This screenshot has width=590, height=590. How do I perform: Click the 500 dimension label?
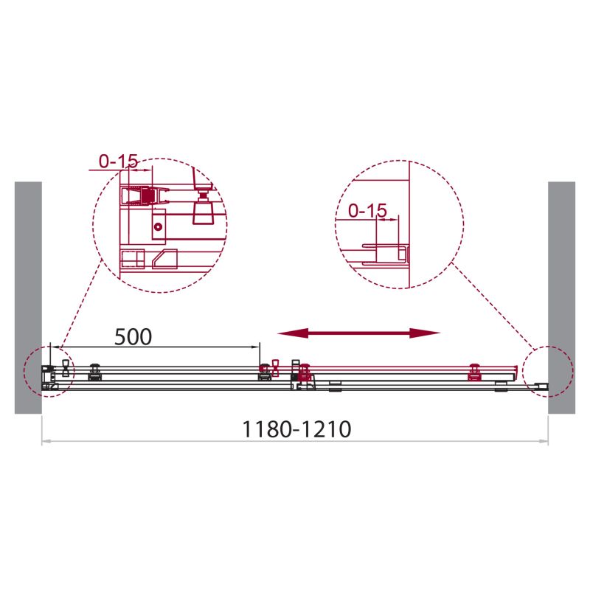pos(133,336)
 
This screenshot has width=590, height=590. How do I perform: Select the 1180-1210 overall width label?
pos(296,429)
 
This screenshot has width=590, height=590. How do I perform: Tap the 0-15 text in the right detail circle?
pos(367,211)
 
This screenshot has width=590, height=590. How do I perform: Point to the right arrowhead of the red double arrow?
pos(431,334)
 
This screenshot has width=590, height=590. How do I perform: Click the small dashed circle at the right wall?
pos(546,371)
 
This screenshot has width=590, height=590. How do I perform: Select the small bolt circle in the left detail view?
pos(156,229)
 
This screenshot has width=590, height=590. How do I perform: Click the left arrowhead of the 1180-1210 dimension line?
pos(46,442)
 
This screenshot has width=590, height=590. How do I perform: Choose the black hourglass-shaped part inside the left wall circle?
pos(64,368)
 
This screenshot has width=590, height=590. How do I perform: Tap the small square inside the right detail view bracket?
pos(402,255)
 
